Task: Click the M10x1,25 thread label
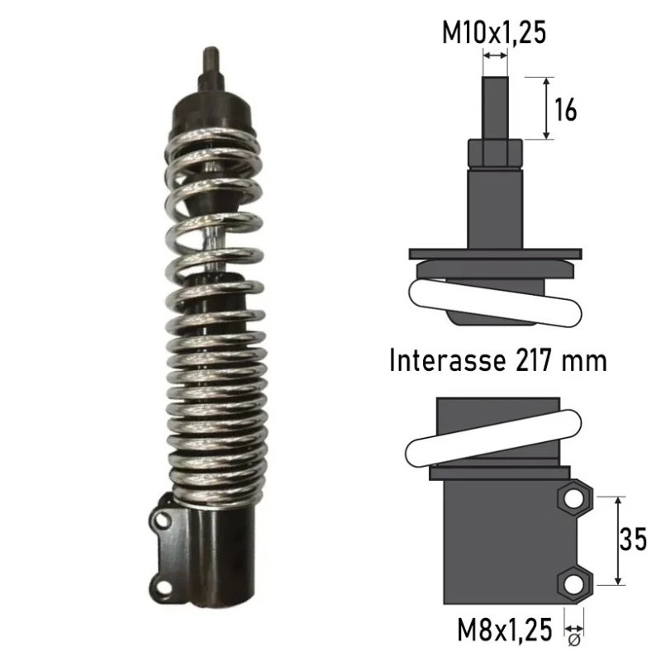click(493, 32)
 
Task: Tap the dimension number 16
click(565, 110)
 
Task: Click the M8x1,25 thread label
click(505, 630)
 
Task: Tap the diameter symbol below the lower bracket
click(574, 640)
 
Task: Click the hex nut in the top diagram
click(495, 154)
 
